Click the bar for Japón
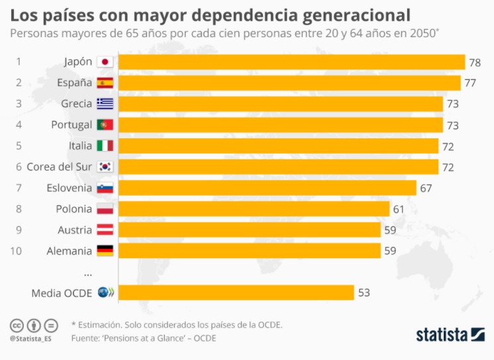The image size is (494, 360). (x=291, y=62)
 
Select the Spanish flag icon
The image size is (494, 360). (x=105, y=83)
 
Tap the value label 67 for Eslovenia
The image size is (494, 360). (x=426, y=188)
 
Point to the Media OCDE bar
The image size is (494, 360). (x=236, y=292)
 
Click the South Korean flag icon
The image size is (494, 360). (x=105, y=167)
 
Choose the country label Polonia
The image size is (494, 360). (x=74, y=209)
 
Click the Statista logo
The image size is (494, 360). (x=450, y=334)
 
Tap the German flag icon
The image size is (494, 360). (x=105, y=251)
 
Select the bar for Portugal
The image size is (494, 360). (x=280, y=125)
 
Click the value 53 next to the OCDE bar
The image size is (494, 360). (x=364, y=292)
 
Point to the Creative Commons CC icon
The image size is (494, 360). (x=16, y=326)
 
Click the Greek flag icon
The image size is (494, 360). (x=105, y=104)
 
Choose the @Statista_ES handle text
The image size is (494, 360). (x=30, y=338)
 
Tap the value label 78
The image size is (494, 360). (x=475, y=62)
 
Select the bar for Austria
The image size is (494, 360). (x=249, y=230)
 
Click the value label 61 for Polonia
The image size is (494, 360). (x=399, y=209)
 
